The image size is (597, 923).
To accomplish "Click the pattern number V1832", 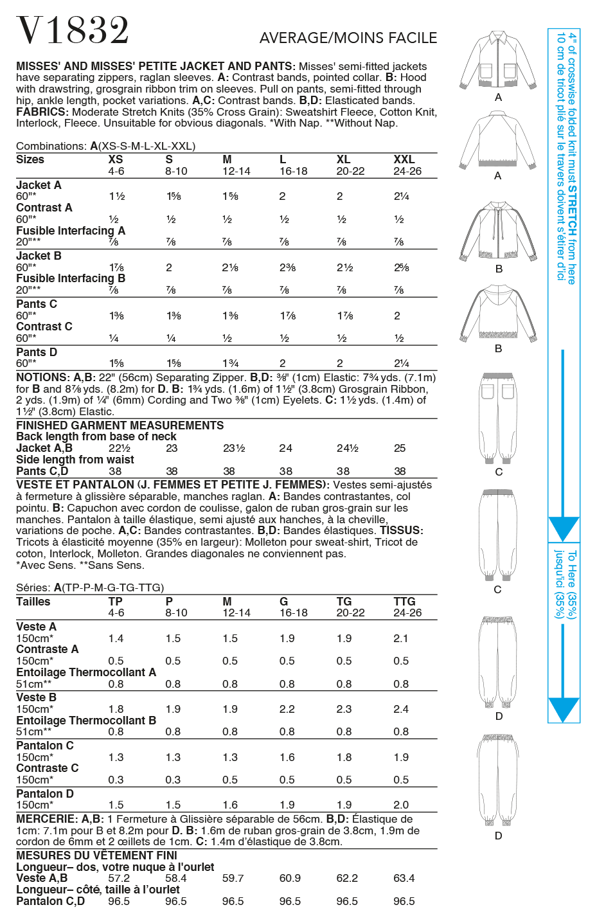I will pos(73,31).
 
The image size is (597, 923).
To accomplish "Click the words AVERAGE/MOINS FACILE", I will pos(348,38).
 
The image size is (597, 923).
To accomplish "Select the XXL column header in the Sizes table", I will pos(404,159).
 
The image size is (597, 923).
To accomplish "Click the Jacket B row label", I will pos(39,256).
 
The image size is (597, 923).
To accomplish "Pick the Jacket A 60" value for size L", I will pos(282,197).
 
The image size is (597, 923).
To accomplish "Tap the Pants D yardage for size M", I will pos(230,363).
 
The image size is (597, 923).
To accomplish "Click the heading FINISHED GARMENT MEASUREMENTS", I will pos(120,426).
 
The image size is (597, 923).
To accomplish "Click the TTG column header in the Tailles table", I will pos(404,602).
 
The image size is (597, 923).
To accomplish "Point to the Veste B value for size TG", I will pos(344,709).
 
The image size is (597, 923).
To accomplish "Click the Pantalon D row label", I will pos(45,794).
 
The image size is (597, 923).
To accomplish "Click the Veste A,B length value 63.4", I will pos(404,878).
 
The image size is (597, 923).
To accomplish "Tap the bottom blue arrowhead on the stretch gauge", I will pos(564,710).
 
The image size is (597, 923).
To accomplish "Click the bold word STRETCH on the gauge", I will pos(572,211).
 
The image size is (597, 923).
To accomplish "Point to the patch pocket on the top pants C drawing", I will pos(489,391).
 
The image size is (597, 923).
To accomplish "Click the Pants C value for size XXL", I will pos(397,316).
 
